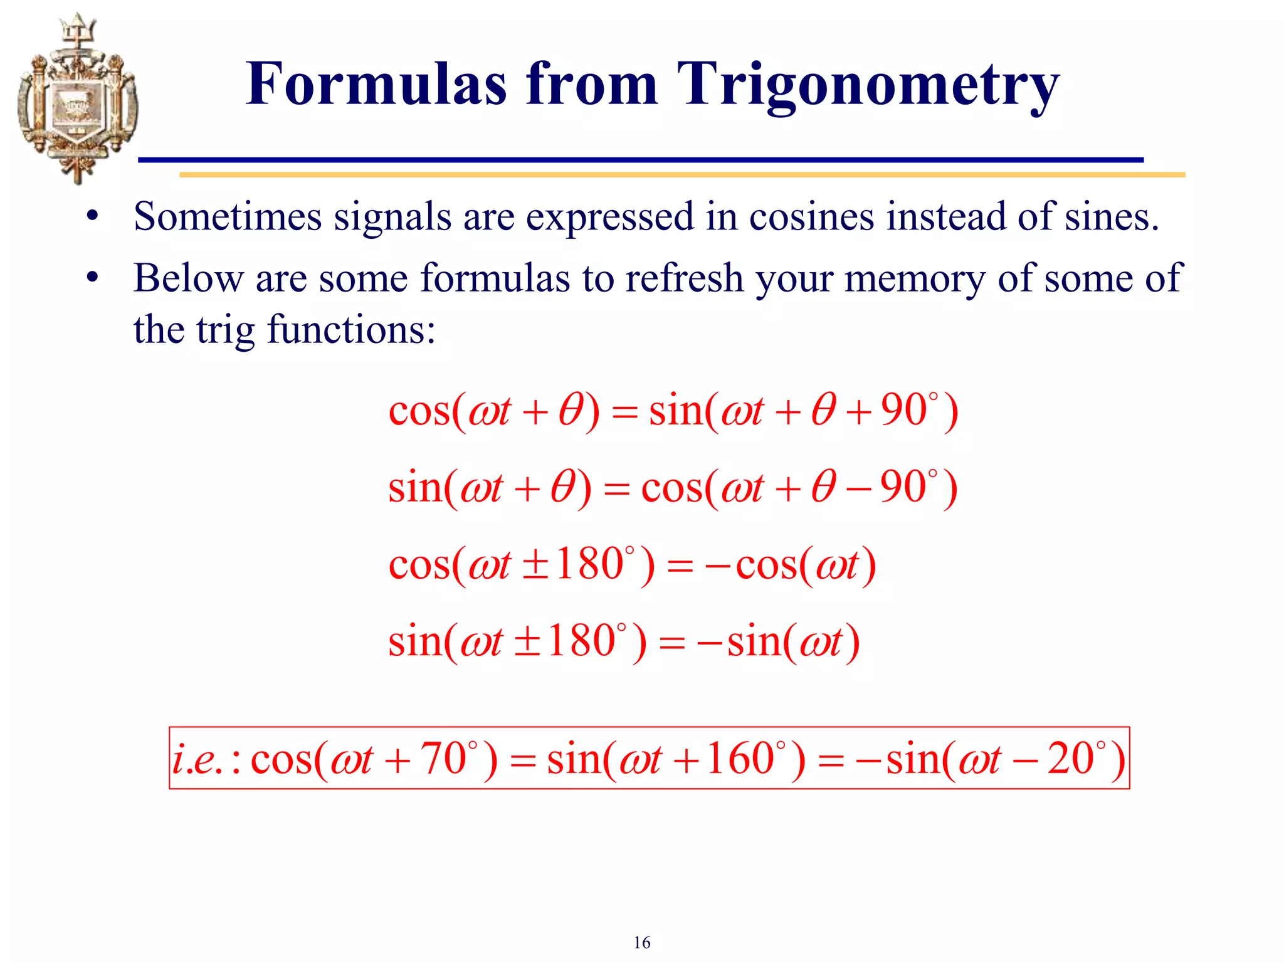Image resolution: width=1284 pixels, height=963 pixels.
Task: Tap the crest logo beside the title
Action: click(76, 99)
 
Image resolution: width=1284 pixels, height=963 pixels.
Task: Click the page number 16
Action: click(641, 942)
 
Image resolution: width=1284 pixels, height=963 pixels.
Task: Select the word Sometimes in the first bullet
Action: click(228, 217)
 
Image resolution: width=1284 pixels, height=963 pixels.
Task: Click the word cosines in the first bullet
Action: click(811, 217)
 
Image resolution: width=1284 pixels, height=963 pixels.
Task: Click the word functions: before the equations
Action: click(351, 330)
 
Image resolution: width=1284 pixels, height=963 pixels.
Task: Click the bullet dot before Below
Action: click(93, 276)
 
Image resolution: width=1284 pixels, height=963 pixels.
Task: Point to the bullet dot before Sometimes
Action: click(93, 216)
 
